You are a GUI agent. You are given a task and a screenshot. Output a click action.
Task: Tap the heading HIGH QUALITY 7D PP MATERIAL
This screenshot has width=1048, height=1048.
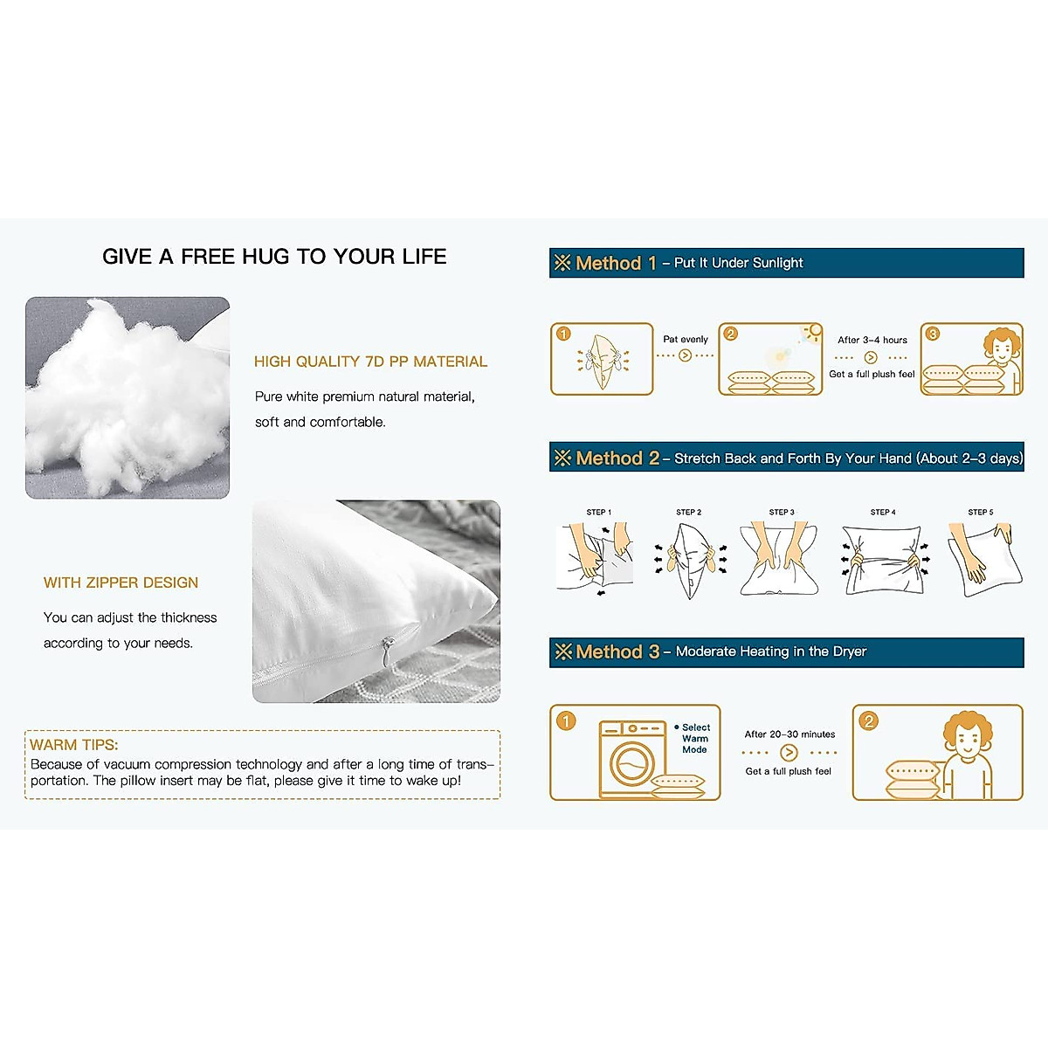(x=370, y=362)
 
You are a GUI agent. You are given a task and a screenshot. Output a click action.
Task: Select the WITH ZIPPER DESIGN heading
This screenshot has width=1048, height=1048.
(x=121, y=583)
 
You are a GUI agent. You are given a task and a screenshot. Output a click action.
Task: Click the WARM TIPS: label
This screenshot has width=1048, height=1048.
(x=73, y=745)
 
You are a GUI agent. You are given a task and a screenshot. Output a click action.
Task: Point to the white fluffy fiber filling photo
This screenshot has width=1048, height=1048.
(x=127, y=397)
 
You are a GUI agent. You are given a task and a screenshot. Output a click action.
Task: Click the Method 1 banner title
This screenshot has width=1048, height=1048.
(x=616, y=263)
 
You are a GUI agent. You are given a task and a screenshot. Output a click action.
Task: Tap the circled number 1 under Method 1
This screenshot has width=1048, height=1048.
(x=563, y=334)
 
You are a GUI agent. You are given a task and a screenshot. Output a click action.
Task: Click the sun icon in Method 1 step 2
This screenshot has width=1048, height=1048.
(x=813, y=332)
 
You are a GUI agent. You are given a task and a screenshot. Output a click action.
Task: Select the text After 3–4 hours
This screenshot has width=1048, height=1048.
(x=872, y=340)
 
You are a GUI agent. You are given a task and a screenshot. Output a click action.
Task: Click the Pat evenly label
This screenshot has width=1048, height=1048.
(x=686, y=339)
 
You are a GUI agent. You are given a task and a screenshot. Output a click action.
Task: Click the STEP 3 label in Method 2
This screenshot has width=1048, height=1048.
(x=782, y=512)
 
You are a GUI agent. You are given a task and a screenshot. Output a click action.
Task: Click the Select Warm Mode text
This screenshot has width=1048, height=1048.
(x=695, y=738)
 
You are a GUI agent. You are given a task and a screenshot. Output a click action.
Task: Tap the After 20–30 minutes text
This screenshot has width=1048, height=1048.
(x=789, y=734)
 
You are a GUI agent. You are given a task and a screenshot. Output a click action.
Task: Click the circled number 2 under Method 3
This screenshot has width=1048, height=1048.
(x=868, y=720)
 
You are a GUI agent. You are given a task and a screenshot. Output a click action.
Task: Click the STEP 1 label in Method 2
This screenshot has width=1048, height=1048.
(x=599, y=512)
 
